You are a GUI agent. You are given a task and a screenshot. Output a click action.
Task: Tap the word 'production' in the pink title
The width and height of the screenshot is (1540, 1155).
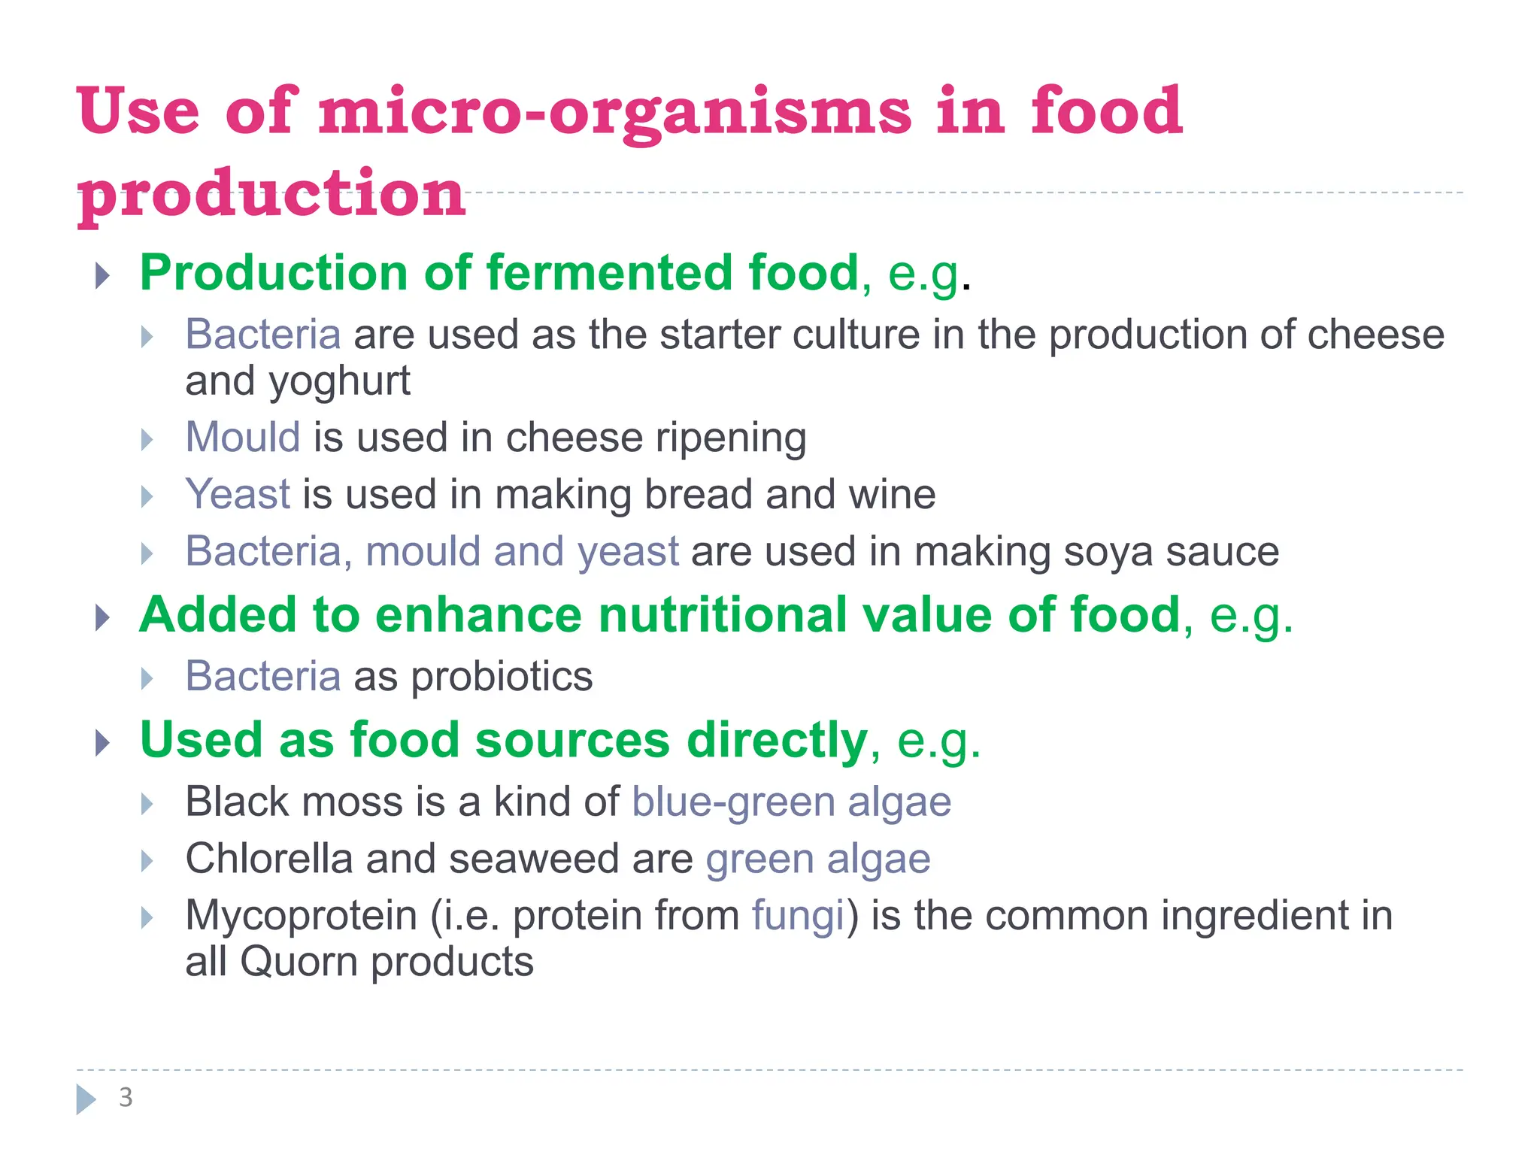point(272,194)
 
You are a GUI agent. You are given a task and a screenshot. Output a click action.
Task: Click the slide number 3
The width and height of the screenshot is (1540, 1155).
point(126,1098)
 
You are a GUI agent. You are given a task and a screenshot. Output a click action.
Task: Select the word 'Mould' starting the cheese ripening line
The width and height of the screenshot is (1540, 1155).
point(243,437)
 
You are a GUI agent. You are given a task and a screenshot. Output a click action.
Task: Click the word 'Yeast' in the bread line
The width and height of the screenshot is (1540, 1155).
point(238,494)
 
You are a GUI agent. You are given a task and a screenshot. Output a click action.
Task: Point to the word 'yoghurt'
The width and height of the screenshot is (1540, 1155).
point(340,381)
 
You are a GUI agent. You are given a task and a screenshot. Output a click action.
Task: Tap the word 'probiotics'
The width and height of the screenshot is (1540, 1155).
point(502,676)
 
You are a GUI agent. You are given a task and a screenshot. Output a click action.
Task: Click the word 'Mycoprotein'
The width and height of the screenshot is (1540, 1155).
point(301,915)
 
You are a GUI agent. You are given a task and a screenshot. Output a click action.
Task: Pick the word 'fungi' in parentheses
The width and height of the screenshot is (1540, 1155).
point(798,915)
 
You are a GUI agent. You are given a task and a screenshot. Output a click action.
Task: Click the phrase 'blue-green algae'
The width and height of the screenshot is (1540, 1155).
point(791,801)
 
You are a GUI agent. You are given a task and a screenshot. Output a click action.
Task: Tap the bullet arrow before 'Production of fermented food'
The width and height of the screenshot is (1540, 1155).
point(102,275)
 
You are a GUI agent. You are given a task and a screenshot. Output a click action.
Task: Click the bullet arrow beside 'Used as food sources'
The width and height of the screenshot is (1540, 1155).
point(102,743)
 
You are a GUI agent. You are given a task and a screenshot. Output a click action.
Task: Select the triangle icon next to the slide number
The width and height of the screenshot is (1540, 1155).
point(86,1099)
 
